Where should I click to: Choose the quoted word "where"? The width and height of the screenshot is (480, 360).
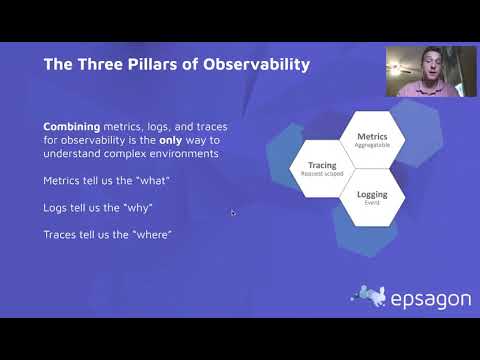[x=152, y=234]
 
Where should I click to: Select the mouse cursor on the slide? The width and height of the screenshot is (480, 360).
[x=232, y=212]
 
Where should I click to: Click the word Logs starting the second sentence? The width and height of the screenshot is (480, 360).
[x=56, y=207]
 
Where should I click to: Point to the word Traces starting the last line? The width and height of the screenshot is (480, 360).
[x=60, y=234]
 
